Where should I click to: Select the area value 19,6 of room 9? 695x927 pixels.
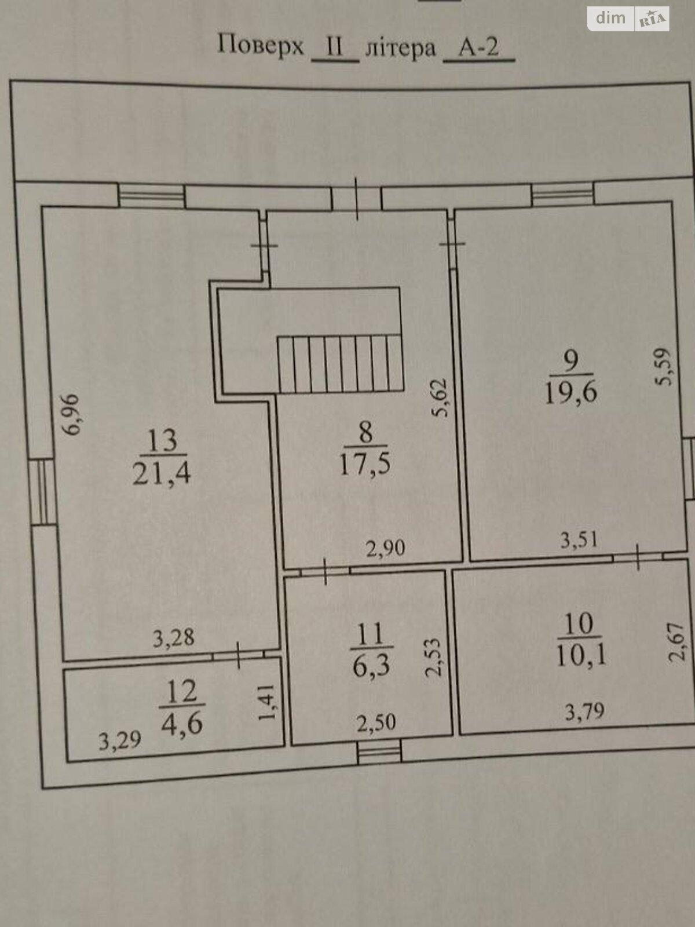point(571,392)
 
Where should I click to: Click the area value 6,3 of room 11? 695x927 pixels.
point(371,666)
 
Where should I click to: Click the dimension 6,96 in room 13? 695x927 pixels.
point(71,414)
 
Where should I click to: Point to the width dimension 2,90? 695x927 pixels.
point(385,548)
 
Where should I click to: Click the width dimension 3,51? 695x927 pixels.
point(579,540)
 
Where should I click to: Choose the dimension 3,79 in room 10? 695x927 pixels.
point(584,711)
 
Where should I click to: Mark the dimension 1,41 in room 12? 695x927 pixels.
point(268,702)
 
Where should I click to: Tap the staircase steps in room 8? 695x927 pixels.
point(341,364)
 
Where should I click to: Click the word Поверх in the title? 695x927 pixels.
point(261,45)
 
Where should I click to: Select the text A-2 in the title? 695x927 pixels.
point(479,48)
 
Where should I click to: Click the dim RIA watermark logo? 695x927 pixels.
point(628,19)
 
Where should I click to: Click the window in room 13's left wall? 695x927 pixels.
point(43,491)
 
